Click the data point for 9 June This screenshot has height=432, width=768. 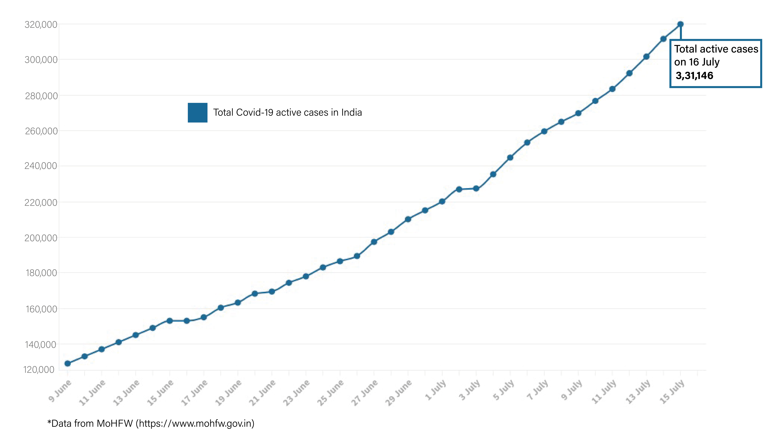(x=68, y=363)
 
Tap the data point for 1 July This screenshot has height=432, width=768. (x=442, y=202)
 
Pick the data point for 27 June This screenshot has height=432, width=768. (x=374, y=242)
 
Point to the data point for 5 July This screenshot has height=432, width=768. (x=510, y=157)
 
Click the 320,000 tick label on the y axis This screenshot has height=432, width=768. (x=41, y=24)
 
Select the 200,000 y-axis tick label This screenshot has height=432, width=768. (x=41, y=238)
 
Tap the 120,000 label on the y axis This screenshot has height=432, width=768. (x=39, y=370)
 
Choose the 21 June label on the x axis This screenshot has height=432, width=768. (x=262, y=393)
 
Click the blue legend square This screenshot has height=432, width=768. (x=197, y=113)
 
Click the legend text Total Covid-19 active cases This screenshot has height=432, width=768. (x=287, y=112)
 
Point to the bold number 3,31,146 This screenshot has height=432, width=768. (x=694, y=76)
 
